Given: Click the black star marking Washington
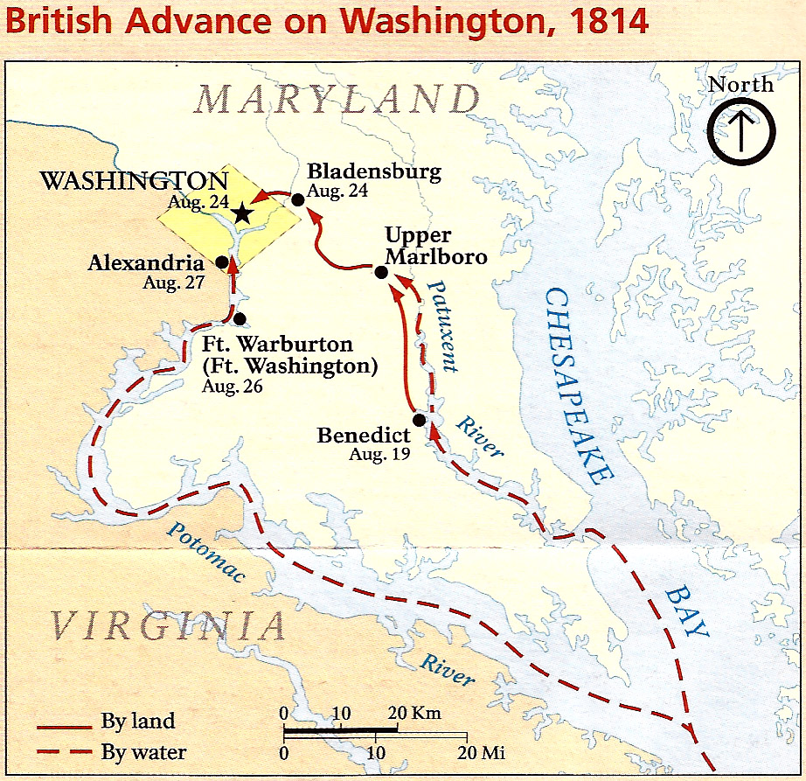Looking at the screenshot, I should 242,214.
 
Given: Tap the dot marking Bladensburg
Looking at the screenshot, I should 297,200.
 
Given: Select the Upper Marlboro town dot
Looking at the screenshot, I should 381,272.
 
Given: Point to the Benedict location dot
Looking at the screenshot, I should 420,420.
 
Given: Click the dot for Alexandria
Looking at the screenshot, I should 222,261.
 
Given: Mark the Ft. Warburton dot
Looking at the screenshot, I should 240,319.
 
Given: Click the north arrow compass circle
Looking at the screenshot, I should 741,131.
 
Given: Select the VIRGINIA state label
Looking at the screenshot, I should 166,626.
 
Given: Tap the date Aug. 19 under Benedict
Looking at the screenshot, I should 373,454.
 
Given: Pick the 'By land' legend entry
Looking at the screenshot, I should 137,722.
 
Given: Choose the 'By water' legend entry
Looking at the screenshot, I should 143,751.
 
